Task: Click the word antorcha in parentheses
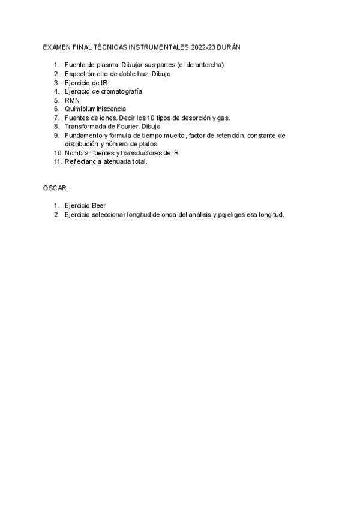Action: coord(209,65)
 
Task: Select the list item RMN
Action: coord(72,100)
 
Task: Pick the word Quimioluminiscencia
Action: coord(95,109)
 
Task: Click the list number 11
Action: coord(58,161)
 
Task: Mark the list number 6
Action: coord(56,109)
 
